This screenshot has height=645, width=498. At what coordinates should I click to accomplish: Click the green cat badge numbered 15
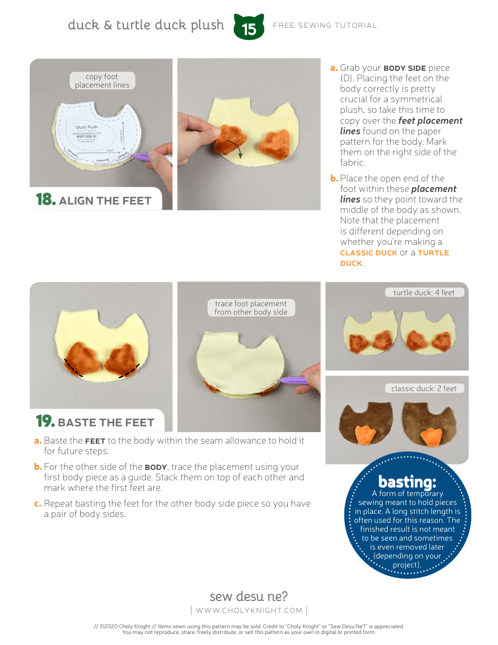249,27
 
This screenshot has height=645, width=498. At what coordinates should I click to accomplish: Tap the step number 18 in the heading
45,200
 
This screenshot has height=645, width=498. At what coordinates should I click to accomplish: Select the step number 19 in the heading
45,422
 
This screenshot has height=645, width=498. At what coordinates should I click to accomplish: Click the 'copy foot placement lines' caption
102,81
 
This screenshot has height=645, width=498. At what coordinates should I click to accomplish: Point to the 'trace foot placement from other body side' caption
251,308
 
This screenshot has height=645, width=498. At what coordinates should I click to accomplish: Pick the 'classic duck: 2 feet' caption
424,389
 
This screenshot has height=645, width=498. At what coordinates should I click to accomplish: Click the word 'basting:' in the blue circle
407,481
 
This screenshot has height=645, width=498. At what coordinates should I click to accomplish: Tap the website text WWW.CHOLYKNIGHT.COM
249,610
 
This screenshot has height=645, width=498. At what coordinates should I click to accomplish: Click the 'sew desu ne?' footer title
248,596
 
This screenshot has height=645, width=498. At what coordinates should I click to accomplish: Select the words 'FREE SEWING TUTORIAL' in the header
325,25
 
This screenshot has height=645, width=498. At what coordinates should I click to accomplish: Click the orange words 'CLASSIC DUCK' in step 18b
369,253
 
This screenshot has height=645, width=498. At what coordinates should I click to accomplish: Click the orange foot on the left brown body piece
364,435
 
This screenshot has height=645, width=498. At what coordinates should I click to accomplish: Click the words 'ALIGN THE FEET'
105,201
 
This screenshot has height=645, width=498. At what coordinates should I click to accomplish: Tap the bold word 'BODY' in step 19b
155,467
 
